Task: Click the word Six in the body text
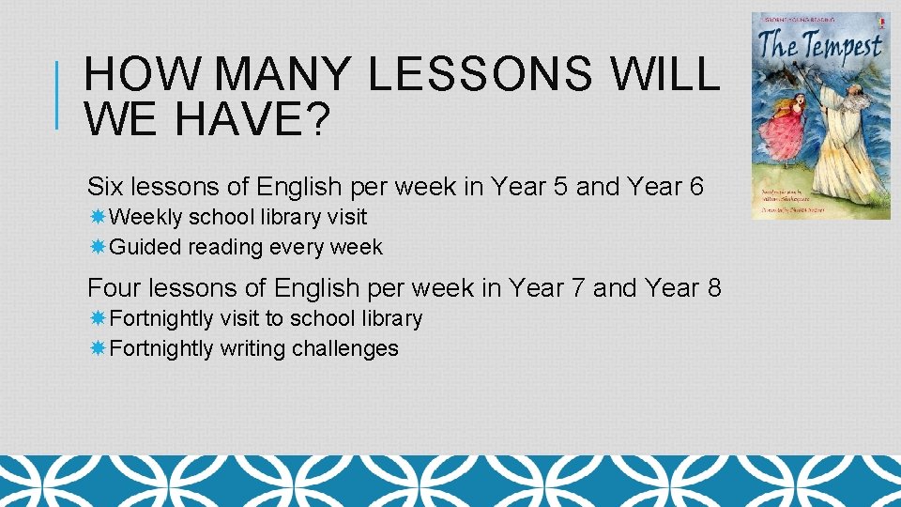(106, 187)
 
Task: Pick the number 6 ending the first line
(695, 187)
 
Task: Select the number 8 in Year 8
(713, 287)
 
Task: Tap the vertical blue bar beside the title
(59, 95)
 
